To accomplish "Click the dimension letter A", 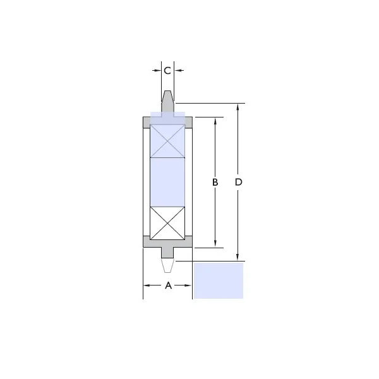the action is [168, 286].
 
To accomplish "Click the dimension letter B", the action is [215, 183].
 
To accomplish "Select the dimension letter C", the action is [167, 71].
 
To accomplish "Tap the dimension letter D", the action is [238, 183].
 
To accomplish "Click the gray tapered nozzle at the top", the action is [167, 102].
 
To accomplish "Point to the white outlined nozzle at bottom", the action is [167, 265].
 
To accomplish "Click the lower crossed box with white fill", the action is [167, 223].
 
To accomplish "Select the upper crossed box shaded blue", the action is [167, 141].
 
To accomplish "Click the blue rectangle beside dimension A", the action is [219, 281].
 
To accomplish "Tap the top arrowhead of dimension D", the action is [238, 107].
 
